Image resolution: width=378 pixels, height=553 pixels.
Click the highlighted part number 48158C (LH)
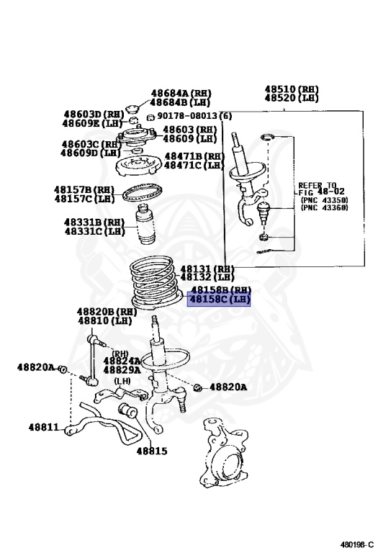point(220,299)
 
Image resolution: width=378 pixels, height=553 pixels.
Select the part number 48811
point(44,427)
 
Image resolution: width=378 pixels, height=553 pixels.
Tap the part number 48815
point(152,451)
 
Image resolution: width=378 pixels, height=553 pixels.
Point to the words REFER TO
point(318,185)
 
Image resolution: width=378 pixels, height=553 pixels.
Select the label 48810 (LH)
point(104,320)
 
